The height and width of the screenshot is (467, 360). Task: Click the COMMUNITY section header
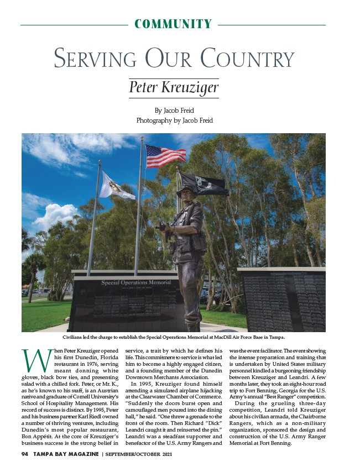click(173, 24)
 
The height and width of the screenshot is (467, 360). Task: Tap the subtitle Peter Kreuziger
click(174, 88)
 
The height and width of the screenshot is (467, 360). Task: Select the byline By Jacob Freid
click(174, 110)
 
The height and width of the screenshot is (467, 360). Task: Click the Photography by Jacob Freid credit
click(174, 120)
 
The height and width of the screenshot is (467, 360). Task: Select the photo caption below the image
click(174, 337)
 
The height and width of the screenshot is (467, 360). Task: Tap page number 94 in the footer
click(25, 454)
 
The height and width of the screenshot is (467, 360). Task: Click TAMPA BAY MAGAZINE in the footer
click(65, 454)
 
